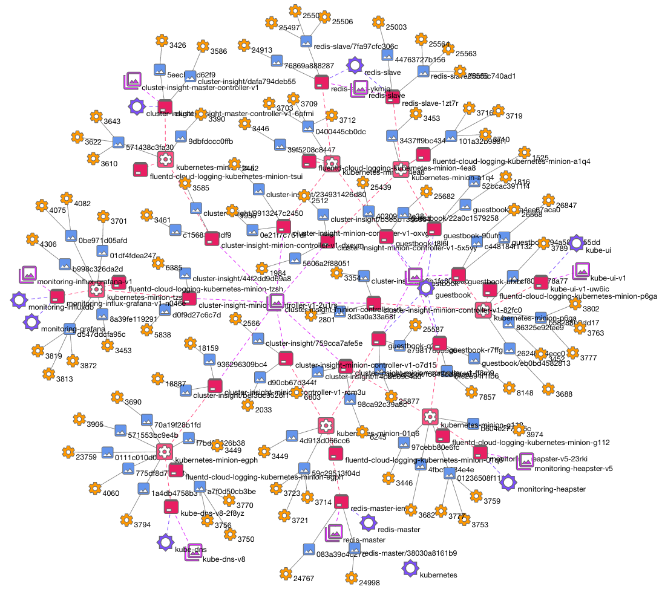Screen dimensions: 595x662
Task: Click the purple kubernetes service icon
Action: (410, 568)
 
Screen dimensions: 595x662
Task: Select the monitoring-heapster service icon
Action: (508, 482)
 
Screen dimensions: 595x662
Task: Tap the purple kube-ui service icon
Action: (575, 243)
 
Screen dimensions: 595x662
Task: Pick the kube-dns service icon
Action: (165, 542)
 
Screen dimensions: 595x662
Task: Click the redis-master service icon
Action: (368, 523)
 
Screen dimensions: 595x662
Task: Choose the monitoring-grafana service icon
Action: (31, 322)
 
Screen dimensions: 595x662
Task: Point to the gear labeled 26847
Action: (548, 200)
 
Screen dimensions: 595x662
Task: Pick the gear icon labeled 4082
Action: (66, 198)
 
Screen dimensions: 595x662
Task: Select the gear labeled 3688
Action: (548, 388)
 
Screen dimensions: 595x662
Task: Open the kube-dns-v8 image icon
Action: (194, 551)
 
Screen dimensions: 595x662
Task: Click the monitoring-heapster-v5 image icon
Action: (525, 461)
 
